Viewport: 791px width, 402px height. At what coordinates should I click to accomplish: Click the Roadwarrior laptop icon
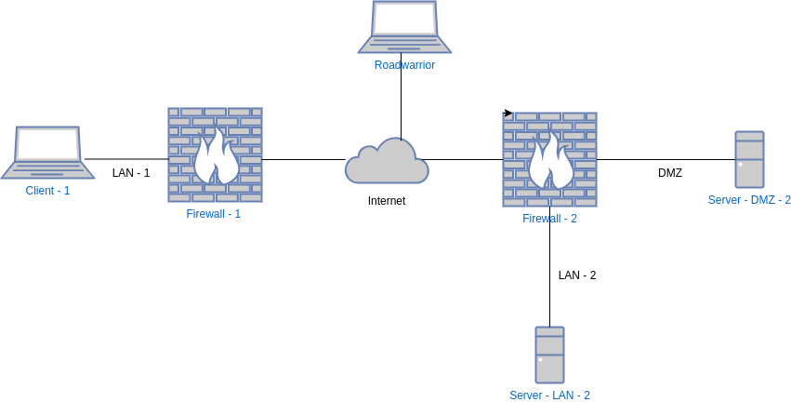404,27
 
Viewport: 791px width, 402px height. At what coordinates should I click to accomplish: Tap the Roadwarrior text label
404,65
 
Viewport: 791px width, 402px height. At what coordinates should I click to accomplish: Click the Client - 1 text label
47,191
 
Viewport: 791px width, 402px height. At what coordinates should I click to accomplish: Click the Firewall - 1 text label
214,214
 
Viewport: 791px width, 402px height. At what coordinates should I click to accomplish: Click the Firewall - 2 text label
550,219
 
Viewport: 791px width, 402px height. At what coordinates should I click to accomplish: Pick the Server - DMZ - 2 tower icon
749,159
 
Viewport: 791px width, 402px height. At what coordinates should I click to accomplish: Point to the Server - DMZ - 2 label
749,200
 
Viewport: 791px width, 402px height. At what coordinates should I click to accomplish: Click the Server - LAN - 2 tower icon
549,355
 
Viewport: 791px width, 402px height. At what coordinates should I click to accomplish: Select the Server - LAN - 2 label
550,395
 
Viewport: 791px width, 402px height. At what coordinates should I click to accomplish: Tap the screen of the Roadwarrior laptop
404,19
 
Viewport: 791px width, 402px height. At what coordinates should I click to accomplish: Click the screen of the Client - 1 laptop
47,144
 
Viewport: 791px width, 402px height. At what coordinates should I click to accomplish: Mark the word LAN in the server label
564,395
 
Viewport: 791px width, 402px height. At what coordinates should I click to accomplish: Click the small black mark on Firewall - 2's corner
507,114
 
